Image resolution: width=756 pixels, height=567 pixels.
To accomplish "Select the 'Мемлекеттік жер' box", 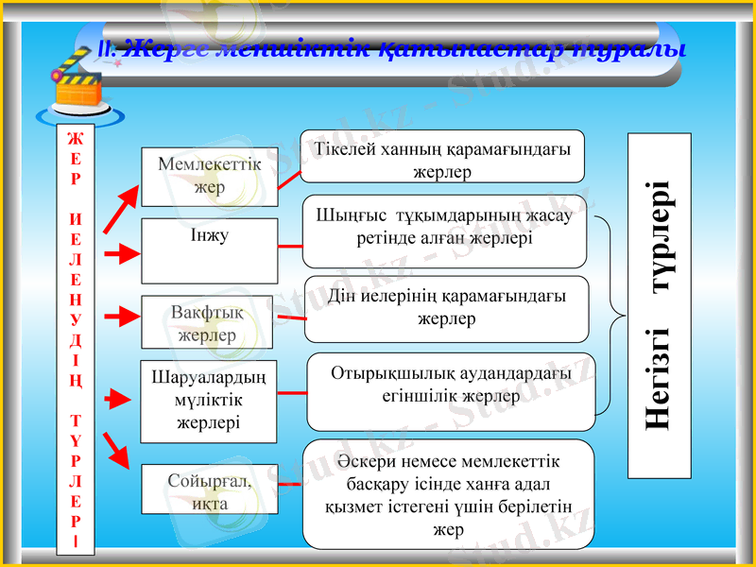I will [209, 176].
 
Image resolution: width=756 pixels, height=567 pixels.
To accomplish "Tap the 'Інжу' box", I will [209, 250].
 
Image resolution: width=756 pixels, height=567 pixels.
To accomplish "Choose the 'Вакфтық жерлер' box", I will [207, 322].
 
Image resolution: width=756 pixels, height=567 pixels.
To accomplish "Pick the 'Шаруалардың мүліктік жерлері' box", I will [209, 401].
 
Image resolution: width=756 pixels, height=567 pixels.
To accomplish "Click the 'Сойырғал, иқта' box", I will [209, 490].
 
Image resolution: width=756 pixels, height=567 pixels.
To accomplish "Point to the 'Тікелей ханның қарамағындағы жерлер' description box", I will [442, 157].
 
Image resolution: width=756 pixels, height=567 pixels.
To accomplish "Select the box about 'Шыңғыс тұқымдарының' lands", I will [444, 231].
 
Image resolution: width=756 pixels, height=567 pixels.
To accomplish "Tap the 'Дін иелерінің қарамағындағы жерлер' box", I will [446, 308].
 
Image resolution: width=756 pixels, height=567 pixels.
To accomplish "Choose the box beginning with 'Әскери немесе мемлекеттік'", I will [448, 493].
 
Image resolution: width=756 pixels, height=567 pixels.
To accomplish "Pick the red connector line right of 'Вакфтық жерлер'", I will [289, 318].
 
